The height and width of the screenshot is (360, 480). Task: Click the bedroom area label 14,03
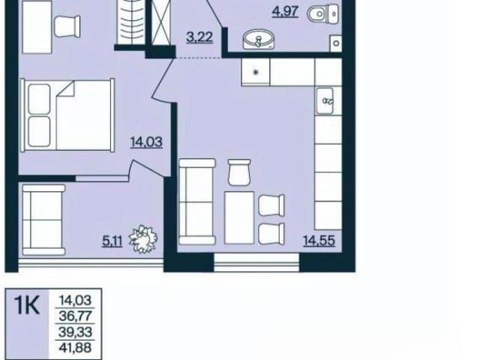146,142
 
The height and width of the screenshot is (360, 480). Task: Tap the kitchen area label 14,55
319,241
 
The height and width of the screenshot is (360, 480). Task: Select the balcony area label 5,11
112,241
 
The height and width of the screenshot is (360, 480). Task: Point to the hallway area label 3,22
199,37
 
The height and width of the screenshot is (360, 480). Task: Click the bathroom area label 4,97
285,12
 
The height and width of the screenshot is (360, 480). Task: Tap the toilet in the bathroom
323,13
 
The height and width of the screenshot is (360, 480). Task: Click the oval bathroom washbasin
259,39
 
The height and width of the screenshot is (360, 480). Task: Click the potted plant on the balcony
143,238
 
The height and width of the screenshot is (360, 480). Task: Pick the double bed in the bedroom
67,115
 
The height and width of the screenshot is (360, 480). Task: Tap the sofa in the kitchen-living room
197,202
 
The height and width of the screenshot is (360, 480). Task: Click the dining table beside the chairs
239,217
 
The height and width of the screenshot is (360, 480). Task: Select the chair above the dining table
239,172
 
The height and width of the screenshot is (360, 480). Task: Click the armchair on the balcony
43,220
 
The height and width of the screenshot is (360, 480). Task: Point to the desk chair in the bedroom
67,26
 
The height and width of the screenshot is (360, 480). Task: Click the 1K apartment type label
27,305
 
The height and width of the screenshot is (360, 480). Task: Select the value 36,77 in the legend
75,316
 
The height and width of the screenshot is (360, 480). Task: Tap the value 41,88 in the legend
75,347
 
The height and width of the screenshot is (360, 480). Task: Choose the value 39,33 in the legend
75,331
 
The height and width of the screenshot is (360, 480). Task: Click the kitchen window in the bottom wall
256,262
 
